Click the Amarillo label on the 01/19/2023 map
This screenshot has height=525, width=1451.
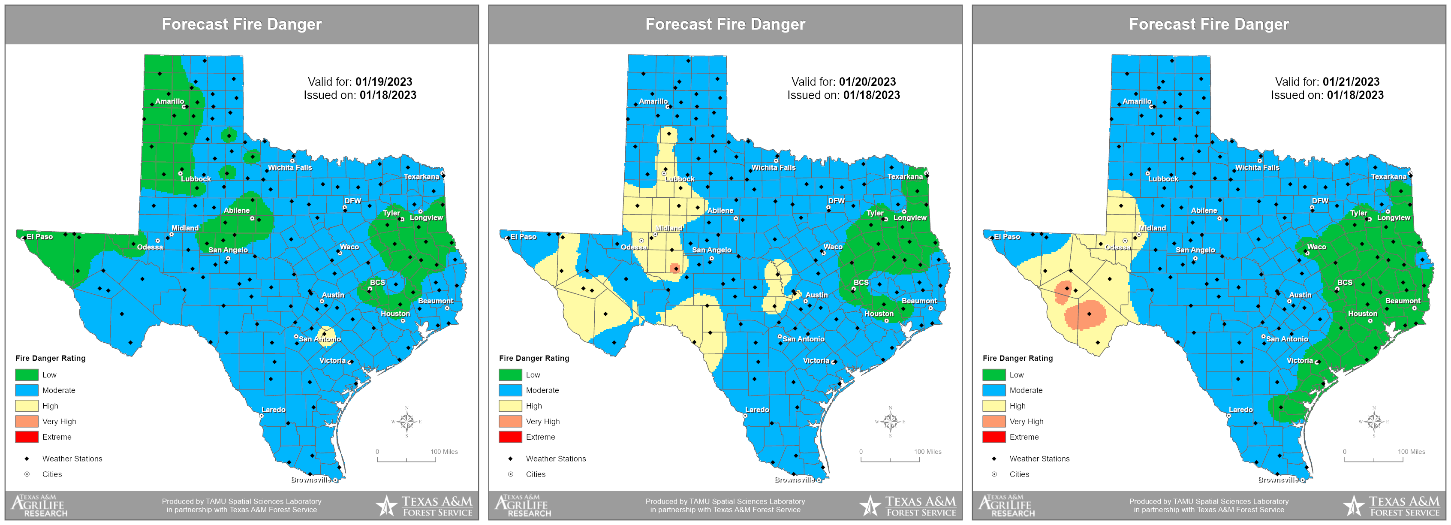tap(169, 101)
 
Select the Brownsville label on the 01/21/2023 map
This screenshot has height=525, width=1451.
tap(1278, 480)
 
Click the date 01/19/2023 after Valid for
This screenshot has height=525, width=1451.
tap(384, 81)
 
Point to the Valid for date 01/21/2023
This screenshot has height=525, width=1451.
tap(1351, 81)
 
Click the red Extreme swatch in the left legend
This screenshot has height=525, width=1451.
tap(27, 437)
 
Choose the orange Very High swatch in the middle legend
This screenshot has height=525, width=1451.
tap(510, 421)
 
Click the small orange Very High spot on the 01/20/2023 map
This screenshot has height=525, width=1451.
tap(675, 268)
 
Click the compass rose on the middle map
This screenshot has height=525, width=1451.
tap(890, 421)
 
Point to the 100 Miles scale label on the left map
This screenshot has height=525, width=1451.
tap(444, 452)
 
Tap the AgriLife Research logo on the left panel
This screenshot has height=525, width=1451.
tap(39, 505)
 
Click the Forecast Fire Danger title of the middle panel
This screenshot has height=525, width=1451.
tap(725, 24)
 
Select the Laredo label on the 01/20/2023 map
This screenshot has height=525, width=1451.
tap(757, 410)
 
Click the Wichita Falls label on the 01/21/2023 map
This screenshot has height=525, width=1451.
tap(1257, 167)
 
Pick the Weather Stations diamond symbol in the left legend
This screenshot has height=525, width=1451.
tap(27, 459)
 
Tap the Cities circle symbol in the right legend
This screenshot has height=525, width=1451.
tap(994, 474)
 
